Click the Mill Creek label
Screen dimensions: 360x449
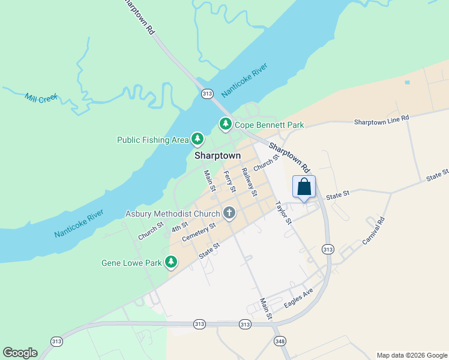click(x=41, y=98)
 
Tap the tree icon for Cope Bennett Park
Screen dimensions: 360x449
click(x=225, y=124)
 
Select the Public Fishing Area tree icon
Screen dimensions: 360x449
click(x=197, y=140)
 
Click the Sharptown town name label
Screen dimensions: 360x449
click(x=217, y=155)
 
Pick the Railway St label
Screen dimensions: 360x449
click(x=249, y=182)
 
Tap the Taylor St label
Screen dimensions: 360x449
click(x=283, y=212)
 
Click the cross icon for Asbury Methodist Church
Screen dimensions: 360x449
click(x=229, y=213)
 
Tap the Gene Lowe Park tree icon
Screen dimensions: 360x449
click(x=171, y=262)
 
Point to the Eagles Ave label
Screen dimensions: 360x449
click(x=299, y=297)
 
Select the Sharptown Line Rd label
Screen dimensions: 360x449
click(x=381, y=121)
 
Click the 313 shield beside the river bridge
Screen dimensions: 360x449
click(x=207, y=94)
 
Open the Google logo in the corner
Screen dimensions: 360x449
click(x=20, y=353)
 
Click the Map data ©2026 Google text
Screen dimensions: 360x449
click(x=411, y=355)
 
